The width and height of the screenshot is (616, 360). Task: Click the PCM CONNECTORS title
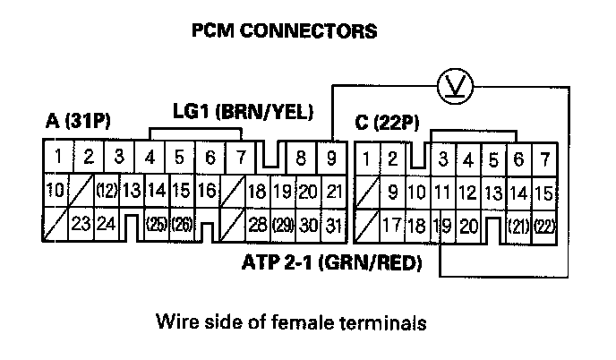point(285,31)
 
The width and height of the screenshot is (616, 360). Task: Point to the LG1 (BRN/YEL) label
point(243,112)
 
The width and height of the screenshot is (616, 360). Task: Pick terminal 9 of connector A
point(333,159)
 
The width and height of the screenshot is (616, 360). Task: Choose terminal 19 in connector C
point(441,225)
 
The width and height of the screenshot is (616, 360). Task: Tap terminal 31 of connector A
point(333,225)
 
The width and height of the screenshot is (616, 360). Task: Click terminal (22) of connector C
point(543,225)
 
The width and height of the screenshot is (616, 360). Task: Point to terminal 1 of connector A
point(57,158)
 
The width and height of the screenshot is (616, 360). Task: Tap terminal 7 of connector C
point(543,159)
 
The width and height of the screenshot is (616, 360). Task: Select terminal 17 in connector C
point(391,225)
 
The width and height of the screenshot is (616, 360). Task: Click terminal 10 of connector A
point(54,191)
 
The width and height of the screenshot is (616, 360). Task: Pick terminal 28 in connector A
point(257,225)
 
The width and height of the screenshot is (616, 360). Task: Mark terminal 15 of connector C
point(543,192)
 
